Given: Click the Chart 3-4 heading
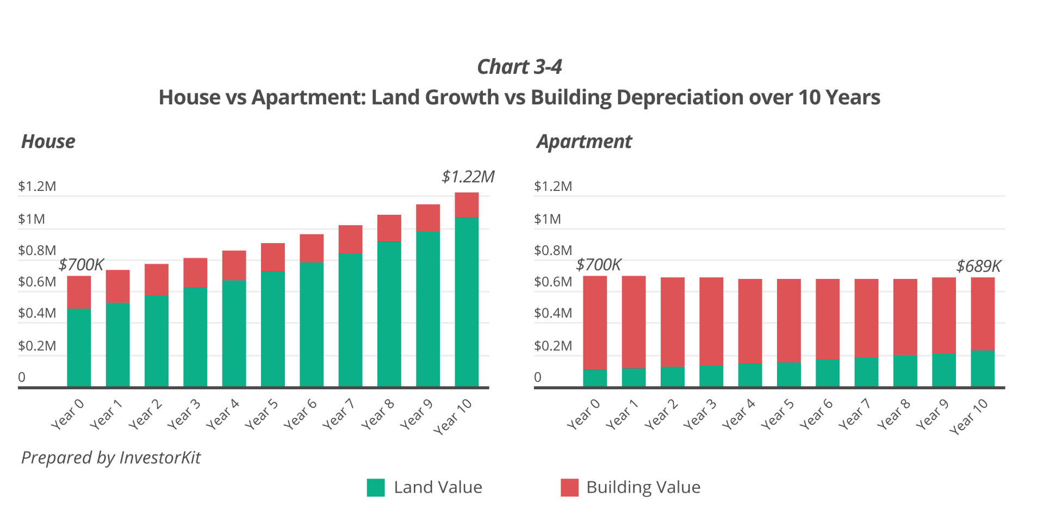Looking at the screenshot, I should point(519,67).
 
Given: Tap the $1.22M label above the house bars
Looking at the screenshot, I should point(468,177).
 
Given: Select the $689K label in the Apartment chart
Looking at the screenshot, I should point(978,266).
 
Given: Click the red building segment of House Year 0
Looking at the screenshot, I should point(79,292).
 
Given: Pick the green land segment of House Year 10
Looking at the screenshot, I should point(467,302).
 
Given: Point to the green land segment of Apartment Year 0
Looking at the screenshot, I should point(595,378).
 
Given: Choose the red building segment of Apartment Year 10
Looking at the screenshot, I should point(983,314).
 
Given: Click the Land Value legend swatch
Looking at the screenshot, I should point(376,487).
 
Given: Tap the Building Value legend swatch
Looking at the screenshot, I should point(569,487).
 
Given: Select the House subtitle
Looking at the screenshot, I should point(48,141).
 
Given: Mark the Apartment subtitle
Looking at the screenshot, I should point(584,141).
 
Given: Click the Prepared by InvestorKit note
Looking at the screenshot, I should point(111,457).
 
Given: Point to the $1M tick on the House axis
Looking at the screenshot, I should point(32,219).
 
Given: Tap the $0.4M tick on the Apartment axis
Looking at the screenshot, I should point(553,313).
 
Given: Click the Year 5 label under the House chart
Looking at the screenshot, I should point(262,414).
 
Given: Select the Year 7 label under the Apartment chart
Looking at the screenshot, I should point(855,414).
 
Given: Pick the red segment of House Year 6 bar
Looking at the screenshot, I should point(312,248).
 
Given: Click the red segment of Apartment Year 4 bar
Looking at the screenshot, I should point(750,321).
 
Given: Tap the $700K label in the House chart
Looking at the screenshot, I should point(81,265).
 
